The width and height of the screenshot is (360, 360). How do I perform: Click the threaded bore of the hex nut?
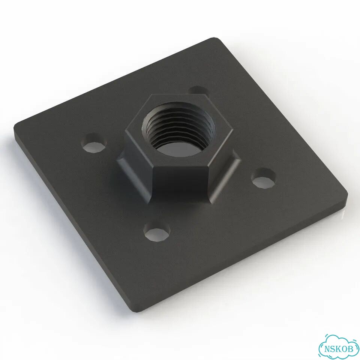coord(178,129)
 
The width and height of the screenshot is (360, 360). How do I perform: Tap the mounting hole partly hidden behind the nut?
coord(199,90)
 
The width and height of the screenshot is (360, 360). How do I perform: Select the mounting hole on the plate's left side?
coord(94,143)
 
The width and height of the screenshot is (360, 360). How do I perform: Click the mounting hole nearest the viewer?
coord(157,231)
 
